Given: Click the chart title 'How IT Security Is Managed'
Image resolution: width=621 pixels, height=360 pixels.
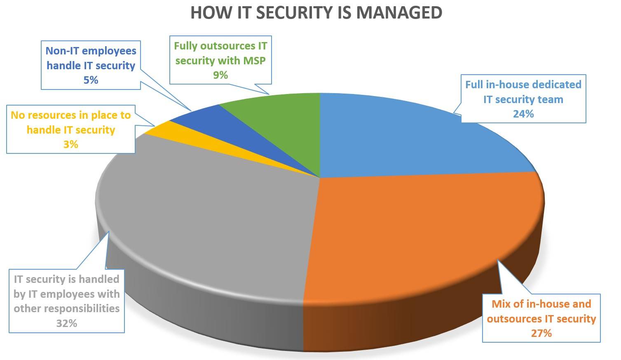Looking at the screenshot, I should [x=316, y=12].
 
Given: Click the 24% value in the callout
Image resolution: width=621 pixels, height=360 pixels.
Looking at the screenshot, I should [x=523, y=114].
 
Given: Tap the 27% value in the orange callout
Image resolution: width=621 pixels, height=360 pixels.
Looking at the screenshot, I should [x=541, y=333].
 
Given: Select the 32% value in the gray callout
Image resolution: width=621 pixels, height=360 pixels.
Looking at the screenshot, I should [x=67, y=323].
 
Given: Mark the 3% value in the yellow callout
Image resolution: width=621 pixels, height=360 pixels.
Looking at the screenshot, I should [x=71, y=144].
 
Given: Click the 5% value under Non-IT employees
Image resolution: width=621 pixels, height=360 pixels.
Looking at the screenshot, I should [x=91, y=80].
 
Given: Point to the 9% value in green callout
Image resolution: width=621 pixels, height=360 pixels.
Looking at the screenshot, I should [x=220, y=75].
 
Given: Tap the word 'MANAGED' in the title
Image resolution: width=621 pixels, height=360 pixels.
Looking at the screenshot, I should [x=399, y=12].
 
